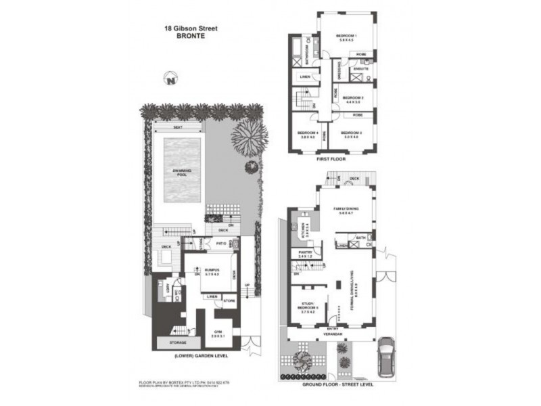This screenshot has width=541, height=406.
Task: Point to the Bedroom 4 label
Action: (308, 134)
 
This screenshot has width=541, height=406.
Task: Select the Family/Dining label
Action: (346, 210)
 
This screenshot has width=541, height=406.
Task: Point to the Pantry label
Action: (305, 254)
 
